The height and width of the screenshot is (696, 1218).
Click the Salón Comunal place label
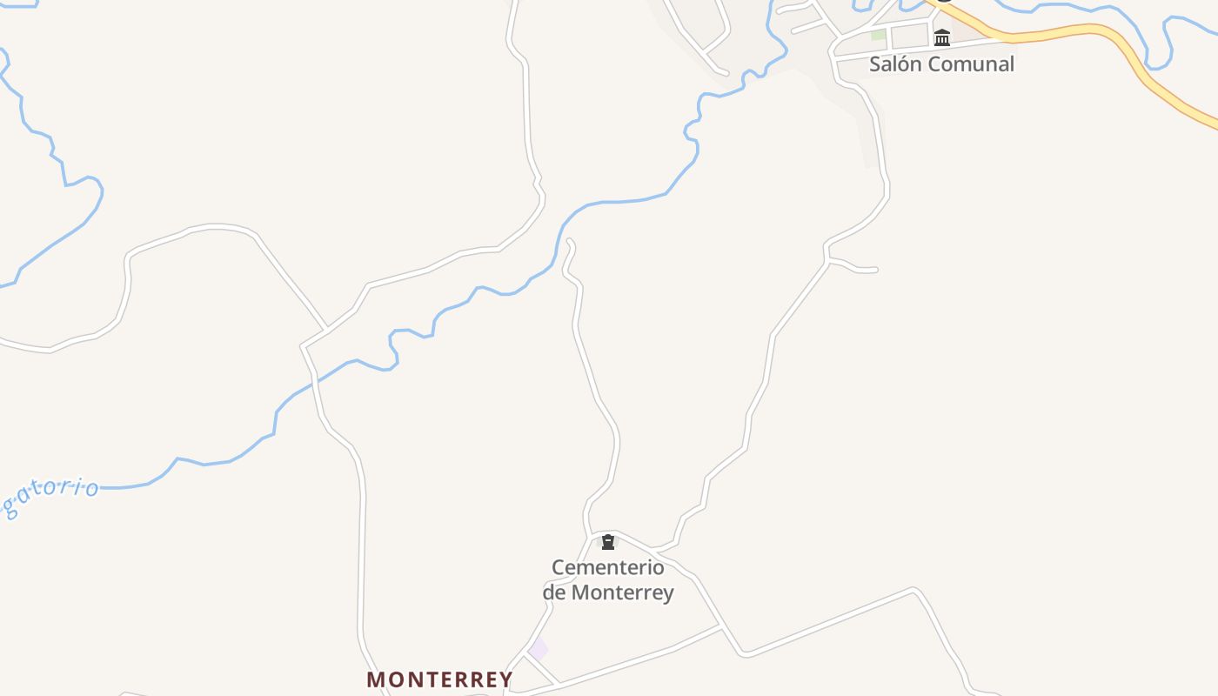point(941,64)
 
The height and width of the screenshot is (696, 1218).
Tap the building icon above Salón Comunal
point(942,37)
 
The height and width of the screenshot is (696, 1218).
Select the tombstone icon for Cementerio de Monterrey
point(608,543)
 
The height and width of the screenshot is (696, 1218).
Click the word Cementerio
point(608,568)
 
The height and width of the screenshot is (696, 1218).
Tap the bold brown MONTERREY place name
point(439,679)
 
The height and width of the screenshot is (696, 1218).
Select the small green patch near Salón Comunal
point(879,36)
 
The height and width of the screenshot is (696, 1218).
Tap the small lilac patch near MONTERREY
point(539,649)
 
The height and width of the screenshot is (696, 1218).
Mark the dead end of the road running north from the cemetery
point(569,240)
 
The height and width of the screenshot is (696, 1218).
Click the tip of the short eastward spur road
point(875,271)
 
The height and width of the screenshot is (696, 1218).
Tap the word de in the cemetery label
point(554,593)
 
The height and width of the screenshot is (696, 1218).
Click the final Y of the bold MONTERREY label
point(505,679)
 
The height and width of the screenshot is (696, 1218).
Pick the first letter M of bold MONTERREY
point(375,679)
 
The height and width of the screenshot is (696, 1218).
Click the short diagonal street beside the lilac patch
point(541,669)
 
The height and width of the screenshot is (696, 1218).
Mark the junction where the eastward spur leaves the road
point(828,259)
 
